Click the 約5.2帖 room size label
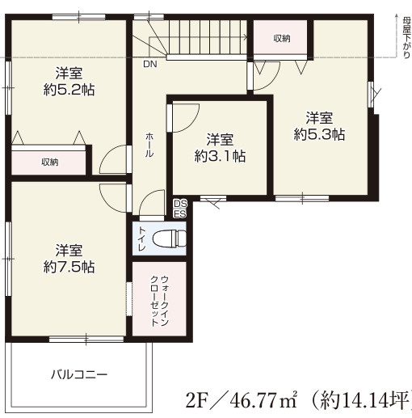69,90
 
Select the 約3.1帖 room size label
220,156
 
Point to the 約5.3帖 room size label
319,134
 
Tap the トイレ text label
142,240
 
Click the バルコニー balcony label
79,374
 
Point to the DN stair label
150,64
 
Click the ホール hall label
149,147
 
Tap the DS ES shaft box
179,209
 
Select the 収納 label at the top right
280,38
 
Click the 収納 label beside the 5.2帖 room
49,162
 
